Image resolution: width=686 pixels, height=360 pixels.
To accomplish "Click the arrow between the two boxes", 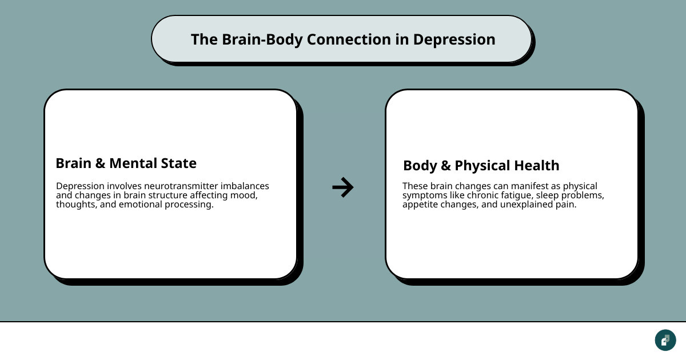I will pos(343,187).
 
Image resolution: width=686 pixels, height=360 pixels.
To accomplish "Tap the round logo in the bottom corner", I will pos(665,340).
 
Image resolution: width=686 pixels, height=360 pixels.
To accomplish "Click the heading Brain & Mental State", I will pos(126,163).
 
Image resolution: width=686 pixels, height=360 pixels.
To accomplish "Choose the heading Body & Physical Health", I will pos(481,166).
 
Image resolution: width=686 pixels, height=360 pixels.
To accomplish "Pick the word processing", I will pos(191,205).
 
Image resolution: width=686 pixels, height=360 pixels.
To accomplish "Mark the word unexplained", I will pos(524,205).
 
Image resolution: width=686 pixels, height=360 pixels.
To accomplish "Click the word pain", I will pos(566,205).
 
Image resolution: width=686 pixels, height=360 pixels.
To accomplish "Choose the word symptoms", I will pos(424,195).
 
